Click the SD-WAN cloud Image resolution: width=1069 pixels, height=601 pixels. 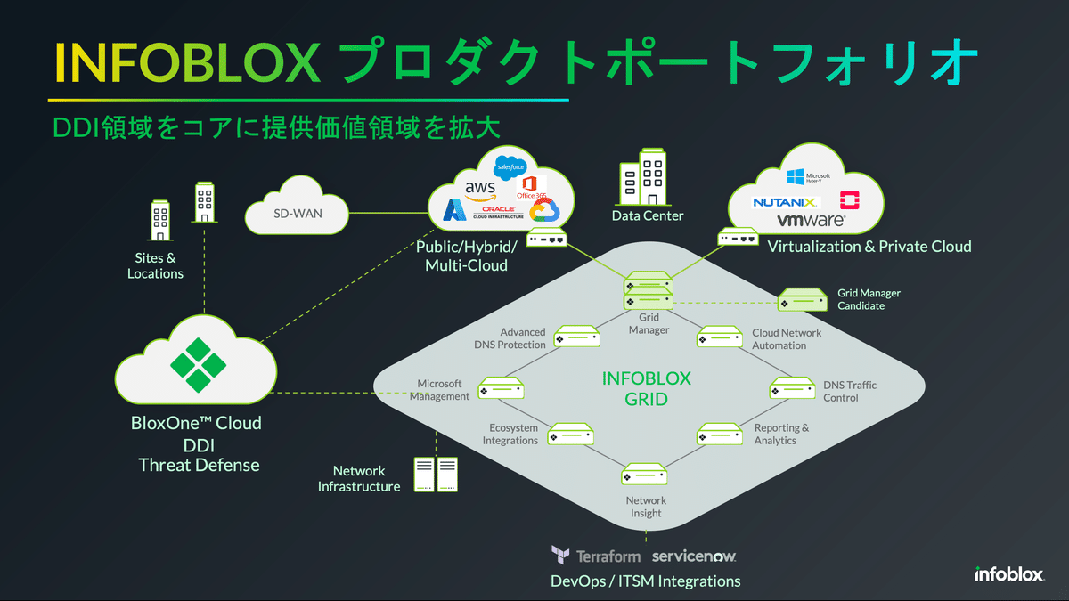point(297,213)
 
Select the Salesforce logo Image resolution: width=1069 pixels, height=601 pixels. point(512,166)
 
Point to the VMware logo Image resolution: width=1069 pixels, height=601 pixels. point(810,219)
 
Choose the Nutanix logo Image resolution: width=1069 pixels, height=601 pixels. point(785,201)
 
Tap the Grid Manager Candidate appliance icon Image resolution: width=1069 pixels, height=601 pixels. point(803,300)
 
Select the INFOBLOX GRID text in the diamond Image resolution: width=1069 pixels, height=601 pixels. point(646,387)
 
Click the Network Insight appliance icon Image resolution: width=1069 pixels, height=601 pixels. point(645,474)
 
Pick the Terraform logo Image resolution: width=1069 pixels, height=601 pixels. point(595,556)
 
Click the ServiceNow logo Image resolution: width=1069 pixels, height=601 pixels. point(694,556)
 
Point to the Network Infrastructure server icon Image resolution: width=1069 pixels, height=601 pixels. point(436,475)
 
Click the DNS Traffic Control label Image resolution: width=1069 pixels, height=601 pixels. point(849,391)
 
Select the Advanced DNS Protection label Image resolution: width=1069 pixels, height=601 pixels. point(510,338)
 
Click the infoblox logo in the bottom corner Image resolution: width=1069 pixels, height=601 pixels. point(1008,574)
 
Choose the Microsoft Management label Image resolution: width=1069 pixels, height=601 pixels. point(439,390)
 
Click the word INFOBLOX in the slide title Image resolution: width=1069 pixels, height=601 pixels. point(187,62)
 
